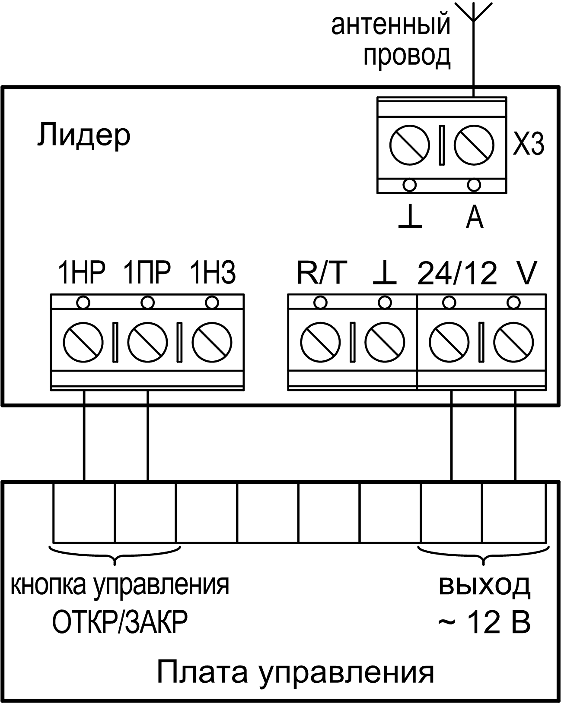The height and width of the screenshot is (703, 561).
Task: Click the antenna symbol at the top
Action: tap(474, 13)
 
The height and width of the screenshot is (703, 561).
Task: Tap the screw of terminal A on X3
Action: tap(474, 145)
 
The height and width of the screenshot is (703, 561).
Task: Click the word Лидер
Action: tap(83, 136)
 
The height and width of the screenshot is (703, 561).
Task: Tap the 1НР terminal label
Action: tap(82, 273)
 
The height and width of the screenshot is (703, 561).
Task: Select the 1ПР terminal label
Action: tap(147, 273)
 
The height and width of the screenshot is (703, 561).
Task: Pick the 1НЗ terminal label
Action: tap(213, 273)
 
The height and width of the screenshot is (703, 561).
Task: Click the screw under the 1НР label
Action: tap(83, 342)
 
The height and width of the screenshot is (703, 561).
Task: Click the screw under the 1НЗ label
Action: tap(212, 342)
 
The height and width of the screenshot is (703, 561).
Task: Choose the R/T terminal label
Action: tap(322, 273)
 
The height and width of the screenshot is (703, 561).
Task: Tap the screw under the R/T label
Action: tap(320, 342)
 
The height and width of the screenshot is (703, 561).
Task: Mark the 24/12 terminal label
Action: tap(457, 273)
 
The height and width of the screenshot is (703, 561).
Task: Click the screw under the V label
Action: tap(514, 342)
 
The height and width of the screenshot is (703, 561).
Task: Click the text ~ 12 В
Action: tap(484, 623)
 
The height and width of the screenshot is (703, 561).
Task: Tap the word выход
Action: tap(484, 586)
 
